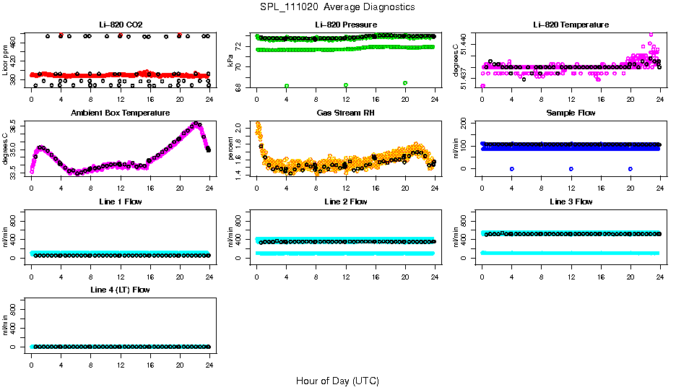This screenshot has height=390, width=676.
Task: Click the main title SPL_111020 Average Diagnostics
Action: [x=338, y=6]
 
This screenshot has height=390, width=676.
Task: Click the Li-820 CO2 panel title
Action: [x=120, y=25]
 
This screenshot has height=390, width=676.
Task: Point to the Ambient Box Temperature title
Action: [x=120, y=113]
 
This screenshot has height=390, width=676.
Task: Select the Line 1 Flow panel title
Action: [x=120, y=201]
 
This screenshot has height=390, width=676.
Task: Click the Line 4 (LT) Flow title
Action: [x=120, y=290]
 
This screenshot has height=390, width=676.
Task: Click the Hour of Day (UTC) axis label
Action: [x=337, y=381]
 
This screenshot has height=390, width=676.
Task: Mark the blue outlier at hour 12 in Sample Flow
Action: [x=571, y=168]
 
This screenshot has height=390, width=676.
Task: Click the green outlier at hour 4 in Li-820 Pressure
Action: [x=287, y=85]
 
